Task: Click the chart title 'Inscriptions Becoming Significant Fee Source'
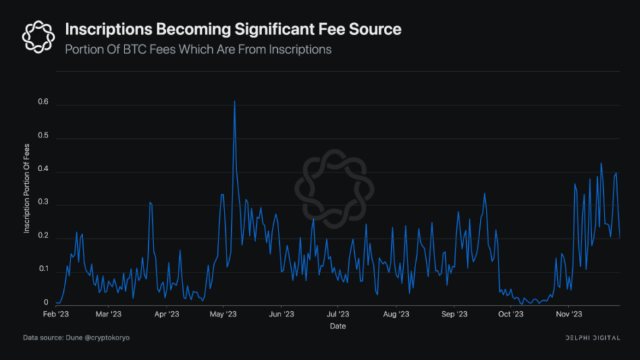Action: pos(232,30)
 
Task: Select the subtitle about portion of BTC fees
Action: pos(198,49)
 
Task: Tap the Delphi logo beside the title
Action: pos(38,36)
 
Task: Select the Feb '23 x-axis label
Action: pos(55,315)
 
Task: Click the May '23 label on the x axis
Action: pos(223,315)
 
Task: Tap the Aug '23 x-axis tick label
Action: pos(395,315)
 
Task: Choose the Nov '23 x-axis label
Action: pos(568,315)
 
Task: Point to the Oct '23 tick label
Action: pos(510,315)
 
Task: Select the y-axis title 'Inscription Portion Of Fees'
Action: pos(27,188)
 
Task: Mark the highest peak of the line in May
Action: pos(234,101)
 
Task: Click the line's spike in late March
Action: pos(150,203)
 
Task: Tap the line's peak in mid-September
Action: pos(485,193)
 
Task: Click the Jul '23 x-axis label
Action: pos(337,315)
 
